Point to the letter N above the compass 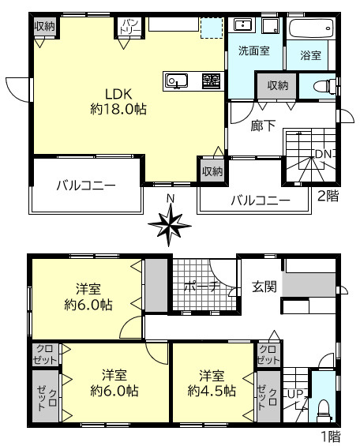[169, 198]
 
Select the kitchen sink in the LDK [176, 80]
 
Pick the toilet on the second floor [324, 87]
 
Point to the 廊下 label [262, 124]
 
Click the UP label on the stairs [295, 393]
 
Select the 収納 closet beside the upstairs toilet [277, 85]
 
